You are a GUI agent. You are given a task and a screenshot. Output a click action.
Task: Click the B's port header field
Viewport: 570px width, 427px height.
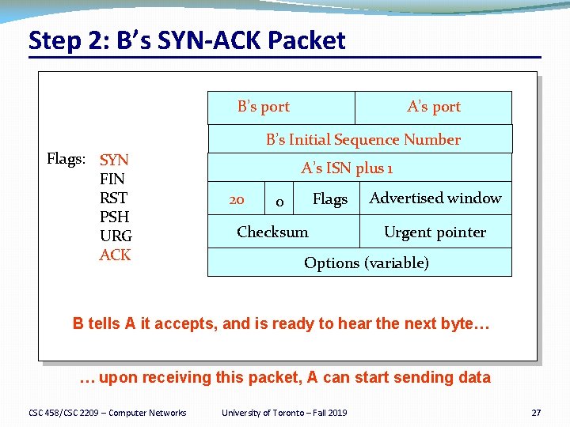tap(264, 107)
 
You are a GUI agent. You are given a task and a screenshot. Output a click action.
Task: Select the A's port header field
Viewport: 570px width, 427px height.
tap(434, 107)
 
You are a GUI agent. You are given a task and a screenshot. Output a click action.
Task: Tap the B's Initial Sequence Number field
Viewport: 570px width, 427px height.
tap(363, 140)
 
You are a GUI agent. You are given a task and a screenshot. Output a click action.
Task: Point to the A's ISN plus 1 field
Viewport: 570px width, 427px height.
tap(347, 168)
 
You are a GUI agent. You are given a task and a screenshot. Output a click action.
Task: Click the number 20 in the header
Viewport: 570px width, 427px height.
tap(236, 200)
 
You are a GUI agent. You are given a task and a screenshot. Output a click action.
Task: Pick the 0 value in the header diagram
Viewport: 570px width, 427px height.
tap(279, 202)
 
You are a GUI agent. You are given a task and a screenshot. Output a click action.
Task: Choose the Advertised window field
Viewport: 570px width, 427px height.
tap(435, 198)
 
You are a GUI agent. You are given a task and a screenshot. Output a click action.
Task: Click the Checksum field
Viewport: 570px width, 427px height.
tap(273, 232)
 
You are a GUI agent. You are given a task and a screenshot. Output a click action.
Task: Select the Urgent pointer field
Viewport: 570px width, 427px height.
tap(435, 232)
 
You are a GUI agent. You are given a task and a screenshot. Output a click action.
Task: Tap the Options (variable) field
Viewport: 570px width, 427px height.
tap(367, 263)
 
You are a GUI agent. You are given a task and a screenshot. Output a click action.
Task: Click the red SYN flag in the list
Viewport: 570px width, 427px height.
tap(114, 160)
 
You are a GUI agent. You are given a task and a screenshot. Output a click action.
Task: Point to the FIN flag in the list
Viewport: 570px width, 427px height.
tap(112, 179)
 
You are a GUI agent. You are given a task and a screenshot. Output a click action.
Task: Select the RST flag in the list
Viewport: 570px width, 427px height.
tap(113, 198)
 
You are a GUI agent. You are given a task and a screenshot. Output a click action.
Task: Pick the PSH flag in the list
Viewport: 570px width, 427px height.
tap(114, 217)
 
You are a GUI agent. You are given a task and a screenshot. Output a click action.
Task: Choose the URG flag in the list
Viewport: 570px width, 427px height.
tap(116, 236)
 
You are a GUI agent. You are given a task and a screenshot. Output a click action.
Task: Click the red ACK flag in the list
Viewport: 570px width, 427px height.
tap(115, 255)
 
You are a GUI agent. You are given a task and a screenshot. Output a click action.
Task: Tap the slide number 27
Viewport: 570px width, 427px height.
tap(536, 412)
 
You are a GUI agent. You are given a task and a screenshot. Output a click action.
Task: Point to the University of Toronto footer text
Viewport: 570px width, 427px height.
tap(284, 412)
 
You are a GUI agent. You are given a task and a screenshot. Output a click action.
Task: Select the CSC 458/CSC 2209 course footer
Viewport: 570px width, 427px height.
tap(107, 412)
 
